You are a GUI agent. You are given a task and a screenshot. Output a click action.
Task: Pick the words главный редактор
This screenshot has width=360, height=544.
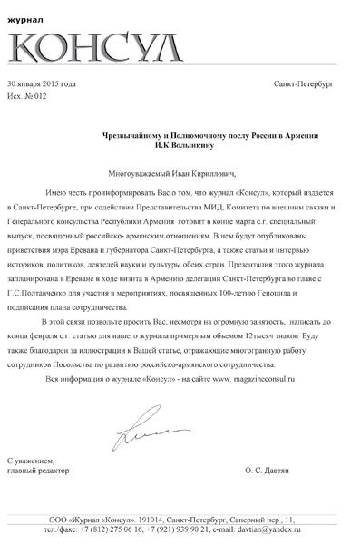[40, 471]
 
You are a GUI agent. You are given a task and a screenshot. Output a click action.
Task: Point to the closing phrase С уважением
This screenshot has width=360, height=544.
[35, 461]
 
